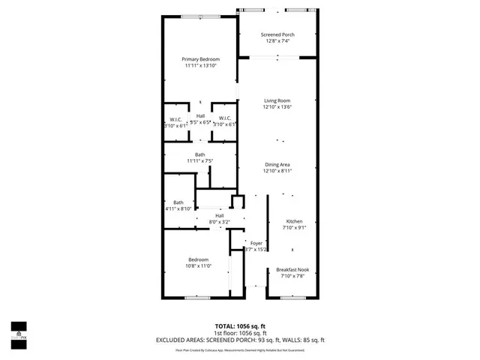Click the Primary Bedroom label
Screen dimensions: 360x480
[x=200, y=59]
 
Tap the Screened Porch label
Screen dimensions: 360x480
[x=277, y=35]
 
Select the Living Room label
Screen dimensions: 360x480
[x=277, y=100]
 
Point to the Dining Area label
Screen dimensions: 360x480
[x=277, y=165]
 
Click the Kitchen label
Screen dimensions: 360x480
[x=293, y=222]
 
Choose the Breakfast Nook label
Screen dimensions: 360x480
[x=293, y=270]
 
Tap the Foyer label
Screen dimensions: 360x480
[x=256, y=243]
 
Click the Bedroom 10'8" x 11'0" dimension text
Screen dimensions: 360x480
[x=199, y=265]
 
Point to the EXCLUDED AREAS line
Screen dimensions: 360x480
[x=239, y=340]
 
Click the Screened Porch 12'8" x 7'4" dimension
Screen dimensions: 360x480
[x=277, y=41]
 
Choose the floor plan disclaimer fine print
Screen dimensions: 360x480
[x=239, y=349]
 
